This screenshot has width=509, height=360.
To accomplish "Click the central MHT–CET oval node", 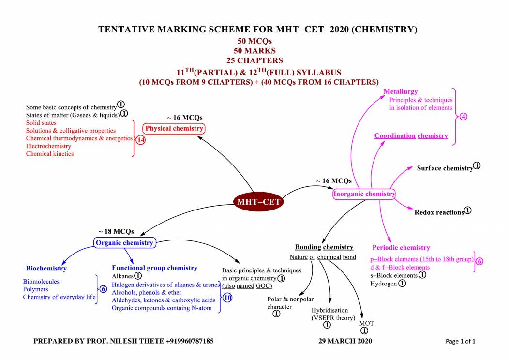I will click(x=258, y=202).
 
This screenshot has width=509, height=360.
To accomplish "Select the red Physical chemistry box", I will click(x=174, y=129).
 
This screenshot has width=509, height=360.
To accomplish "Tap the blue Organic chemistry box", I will click(x=124, y=243).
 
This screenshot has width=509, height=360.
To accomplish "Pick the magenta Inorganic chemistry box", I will click(x=364, y=194).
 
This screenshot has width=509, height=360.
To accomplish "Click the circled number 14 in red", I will click(x=141, y=140).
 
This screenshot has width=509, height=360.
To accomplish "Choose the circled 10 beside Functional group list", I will click(x=227, y=298).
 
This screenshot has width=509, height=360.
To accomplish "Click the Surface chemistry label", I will click(x=445, y=168).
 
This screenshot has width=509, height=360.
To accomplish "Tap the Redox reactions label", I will click(x=439, y=212).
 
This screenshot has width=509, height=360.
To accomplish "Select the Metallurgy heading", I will click(x=401, y=91).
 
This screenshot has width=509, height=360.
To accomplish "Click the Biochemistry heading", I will click(x=46, y=268).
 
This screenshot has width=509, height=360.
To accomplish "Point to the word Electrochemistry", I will click(x=48, y=146).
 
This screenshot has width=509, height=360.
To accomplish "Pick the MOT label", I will click(x=366, y=323).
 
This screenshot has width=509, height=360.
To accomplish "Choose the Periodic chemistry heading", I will click(x=401, y=248).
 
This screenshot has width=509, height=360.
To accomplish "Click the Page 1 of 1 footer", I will click(x=460, y=342).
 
